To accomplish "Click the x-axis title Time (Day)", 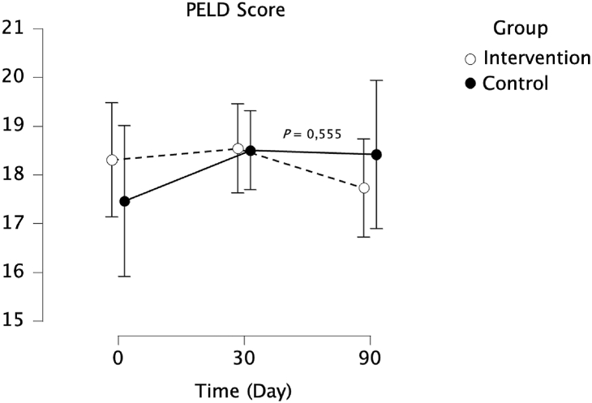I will (242, 390).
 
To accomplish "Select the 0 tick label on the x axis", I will (118, 358).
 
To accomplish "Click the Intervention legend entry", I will (535, 58).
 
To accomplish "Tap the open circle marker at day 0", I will (112, 160).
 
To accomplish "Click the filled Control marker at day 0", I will (124, 201).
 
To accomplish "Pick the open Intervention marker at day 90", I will (364, 188).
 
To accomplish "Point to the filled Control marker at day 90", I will (376, 155).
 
